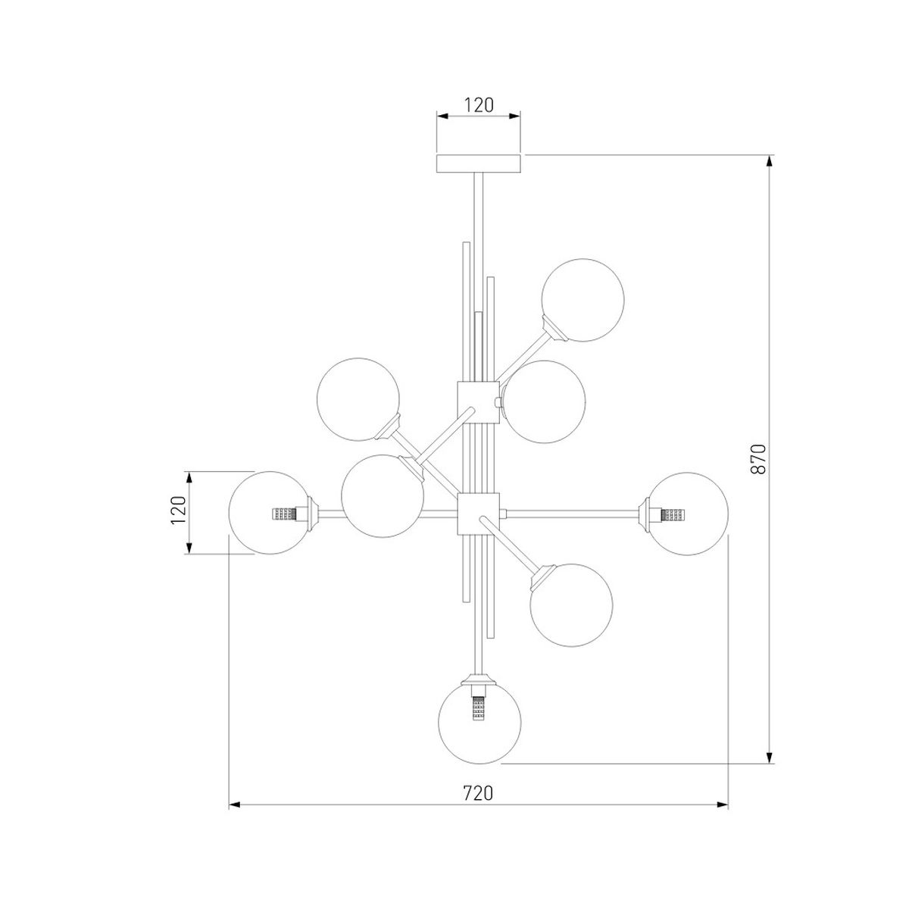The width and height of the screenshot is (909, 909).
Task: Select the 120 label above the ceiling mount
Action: click(478, 105)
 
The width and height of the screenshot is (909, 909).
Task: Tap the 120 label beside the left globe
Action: click(178, 510)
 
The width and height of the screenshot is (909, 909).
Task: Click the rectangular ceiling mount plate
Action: click(478, 164)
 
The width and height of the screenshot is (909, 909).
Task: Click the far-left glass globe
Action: click(270, 512)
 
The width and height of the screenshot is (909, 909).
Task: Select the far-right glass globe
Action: click(687, 514)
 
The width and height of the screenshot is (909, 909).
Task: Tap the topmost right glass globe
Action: click(583, 299)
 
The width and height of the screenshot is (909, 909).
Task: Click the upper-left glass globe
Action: click(358, 399)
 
